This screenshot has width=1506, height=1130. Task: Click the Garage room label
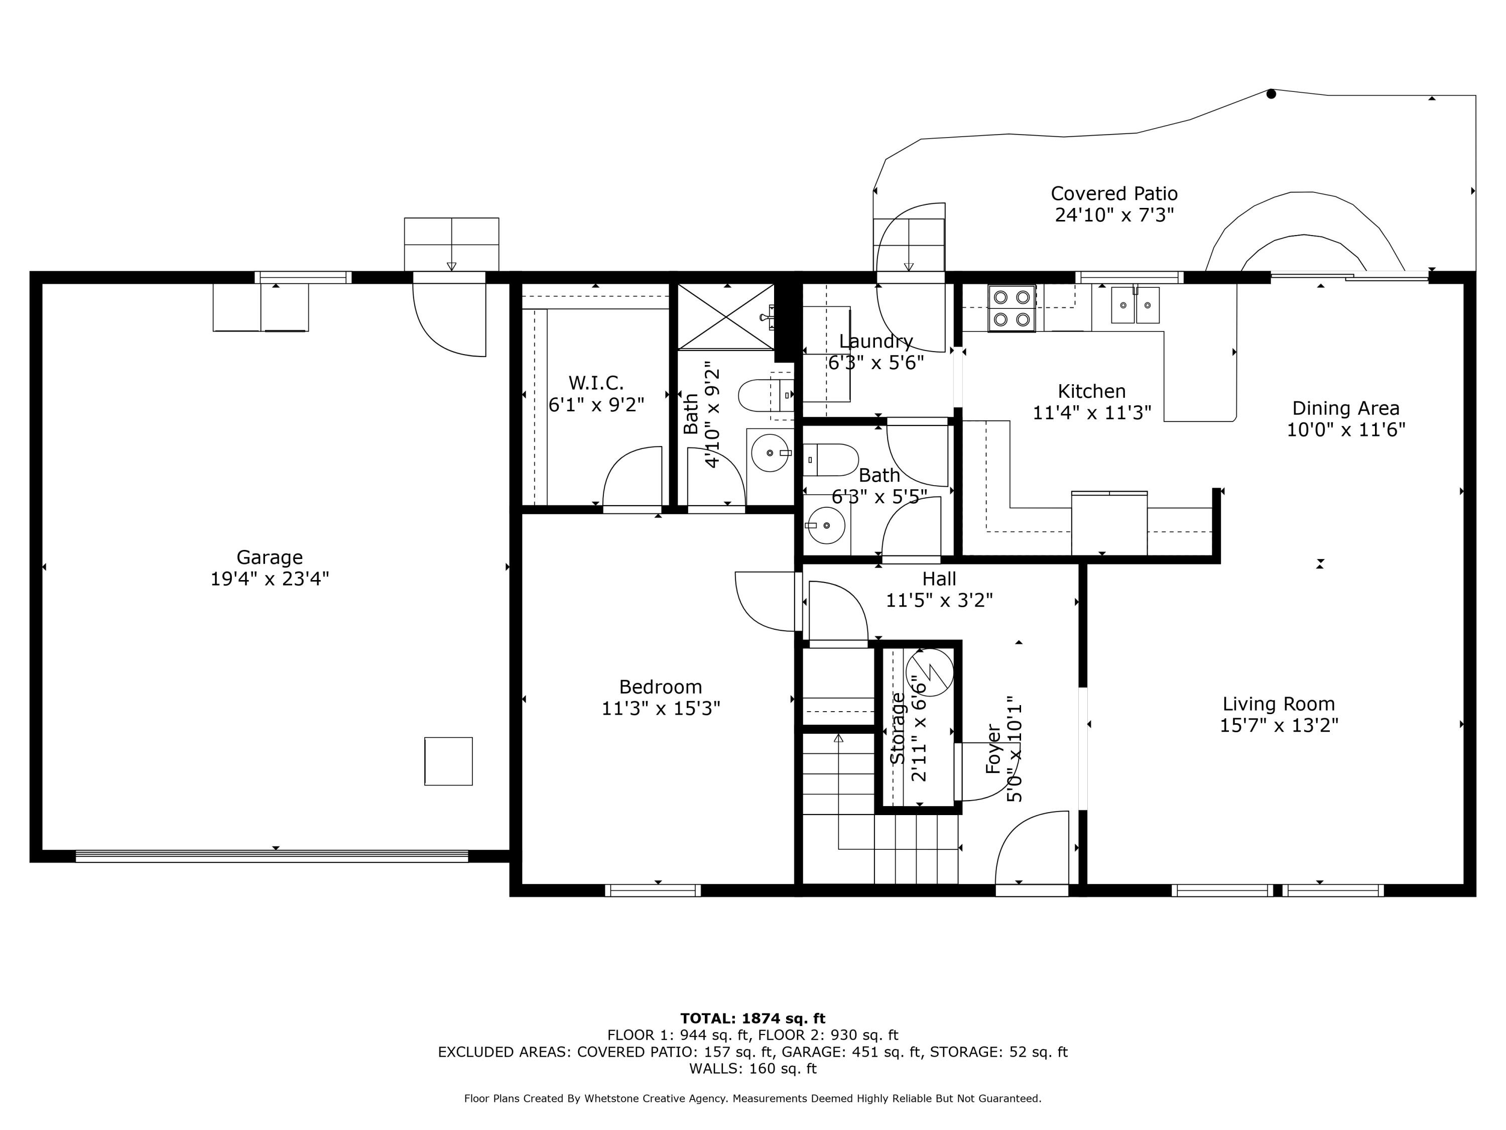pos(270,557)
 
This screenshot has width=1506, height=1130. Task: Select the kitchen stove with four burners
pos(1012,308)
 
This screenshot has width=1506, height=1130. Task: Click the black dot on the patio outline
pos(1271,94)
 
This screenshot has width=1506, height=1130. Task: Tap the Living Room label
pos(1279,704)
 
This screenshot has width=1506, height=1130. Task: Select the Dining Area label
pos(1345,409)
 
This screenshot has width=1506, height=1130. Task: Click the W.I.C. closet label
pos(596,383)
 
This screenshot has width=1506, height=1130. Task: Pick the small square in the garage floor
pos(448,761)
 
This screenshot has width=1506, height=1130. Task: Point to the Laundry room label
pos(875,341)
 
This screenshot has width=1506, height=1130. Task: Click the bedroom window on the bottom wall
pos(652,889)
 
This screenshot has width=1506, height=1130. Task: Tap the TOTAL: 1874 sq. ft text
pos(752,1019)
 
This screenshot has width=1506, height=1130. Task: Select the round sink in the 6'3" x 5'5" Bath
pos(825,525)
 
